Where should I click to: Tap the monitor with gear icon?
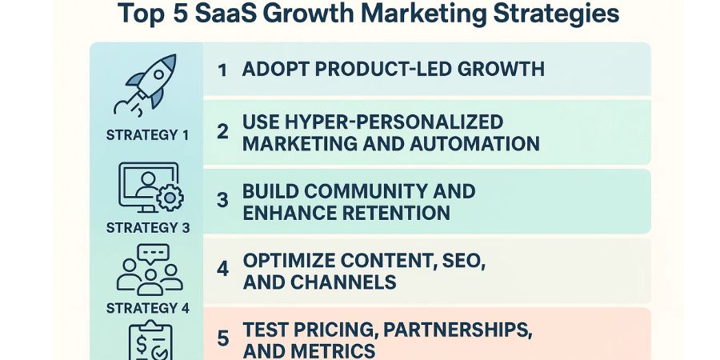click(150, 189)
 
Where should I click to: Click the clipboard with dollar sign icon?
click(148, 342)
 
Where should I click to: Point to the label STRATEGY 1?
click(147, 134)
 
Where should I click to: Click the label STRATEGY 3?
click(147, 227)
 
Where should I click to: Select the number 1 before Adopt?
click(222, 69)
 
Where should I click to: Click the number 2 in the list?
click(223, 132)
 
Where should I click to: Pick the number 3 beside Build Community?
click(223, 202)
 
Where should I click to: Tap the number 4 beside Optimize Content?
click(223, 270)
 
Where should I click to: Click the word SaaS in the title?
click(242, 14)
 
